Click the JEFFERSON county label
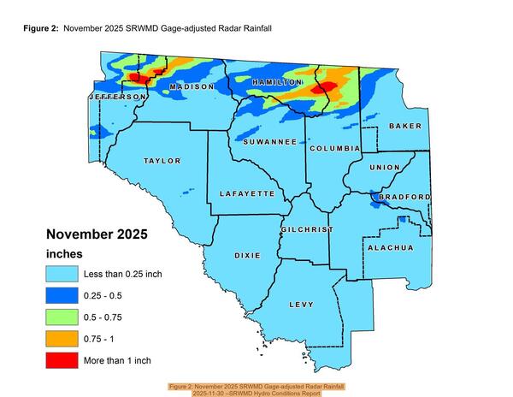(116, 98)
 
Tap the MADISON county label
(192, 87)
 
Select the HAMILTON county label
(278, 82)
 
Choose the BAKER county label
(404, 126)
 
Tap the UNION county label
(384, 167)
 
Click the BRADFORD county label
(404, 197)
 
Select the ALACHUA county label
(390, 247)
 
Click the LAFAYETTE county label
(247, 194)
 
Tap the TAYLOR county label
(162, 161)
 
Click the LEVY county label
(301, 305)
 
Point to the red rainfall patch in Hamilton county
(323, 87)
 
